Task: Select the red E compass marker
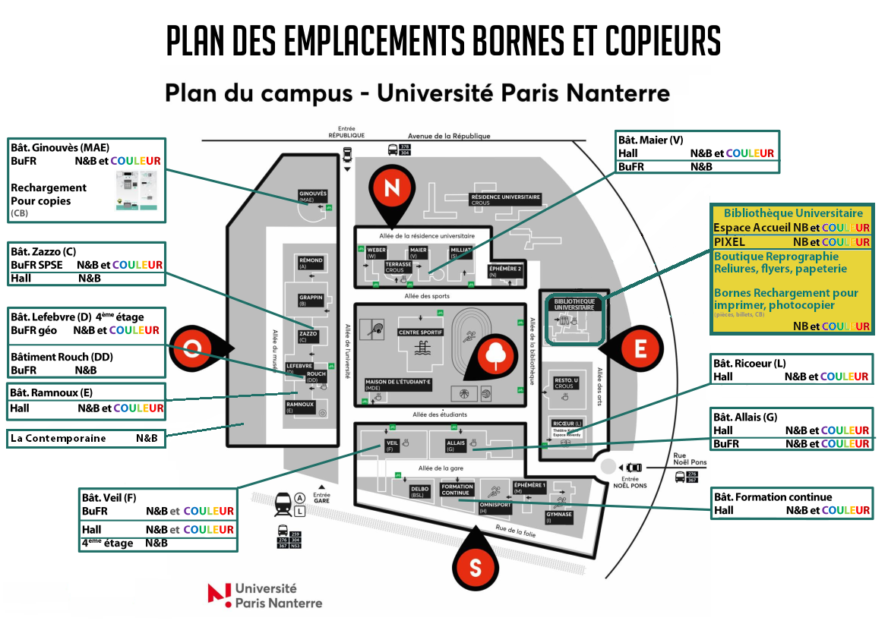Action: (640, 349)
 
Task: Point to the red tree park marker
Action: (494, 354)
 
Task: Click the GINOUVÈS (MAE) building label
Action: (312, 196)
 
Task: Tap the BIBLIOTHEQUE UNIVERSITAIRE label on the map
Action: (574, 304)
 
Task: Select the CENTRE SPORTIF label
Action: (420, 332)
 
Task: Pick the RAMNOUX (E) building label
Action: (300, 406)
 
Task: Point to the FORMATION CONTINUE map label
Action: (457, 490)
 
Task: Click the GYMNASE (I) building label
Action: (558, 516)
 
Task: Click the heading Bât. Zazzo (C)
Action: (44, 251)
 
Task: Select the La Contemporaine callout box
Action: (86, 438)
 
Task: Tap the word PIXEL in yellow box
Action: (730, 241)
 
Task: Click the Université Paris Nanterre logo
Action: (265, 596)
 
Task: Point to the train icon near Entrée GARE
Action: (283, 503)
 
